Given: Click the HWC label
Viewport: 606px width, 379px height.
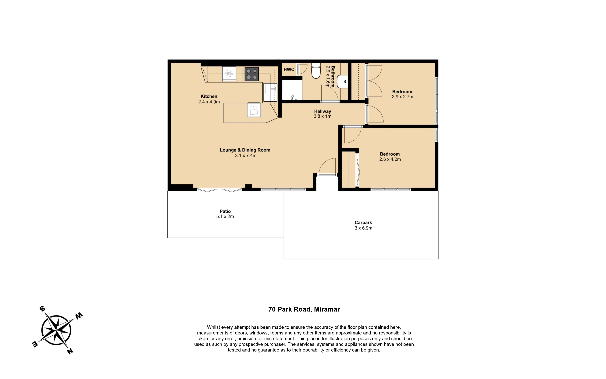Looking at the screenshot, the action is (289, 69).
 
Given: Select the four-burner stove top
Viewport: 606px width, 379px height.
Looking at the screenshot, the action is (252, 74).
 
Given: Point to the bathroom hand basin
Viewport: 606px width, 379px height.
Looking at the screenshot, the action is (342, 82).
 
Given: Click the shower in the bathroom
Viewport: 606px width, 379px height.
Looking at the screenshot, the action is (292, 90).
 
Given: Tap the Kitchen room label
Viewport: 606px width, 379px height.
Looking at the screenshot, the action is (209, 96).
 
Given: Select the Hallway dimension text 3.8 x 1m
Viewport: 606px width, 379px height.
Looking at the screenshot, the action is (323, 116).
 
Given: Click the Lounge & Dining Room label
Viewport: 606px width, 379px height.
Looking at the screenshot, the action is (245, 150).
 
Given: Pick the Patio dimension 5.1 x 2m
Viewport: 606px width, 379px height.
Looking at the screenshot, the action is (225, 217).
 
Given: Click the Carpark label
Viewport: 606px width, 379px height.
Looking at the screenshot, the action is (363, 223).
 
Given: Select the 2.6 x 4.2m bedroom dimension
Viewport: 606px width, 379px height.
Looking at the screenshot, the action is (390, 159).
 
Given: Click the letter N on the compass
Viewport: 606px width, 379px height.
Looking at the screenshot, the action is (70, 351).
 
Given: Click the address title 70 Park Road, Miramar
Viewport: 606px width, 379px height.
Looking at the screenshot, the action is (304, 309).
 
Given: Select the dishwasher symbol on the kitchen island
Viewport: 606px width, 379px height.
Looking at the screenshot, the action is (254, 110).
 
